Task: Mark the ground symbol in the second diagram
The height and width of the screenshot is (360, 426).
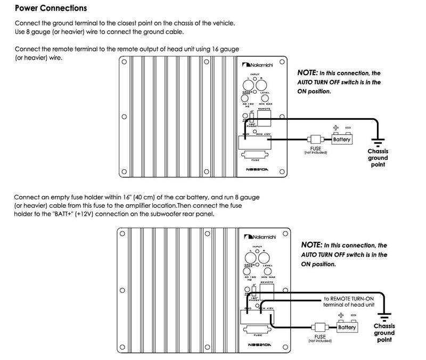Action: click(x=384, y=316)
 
